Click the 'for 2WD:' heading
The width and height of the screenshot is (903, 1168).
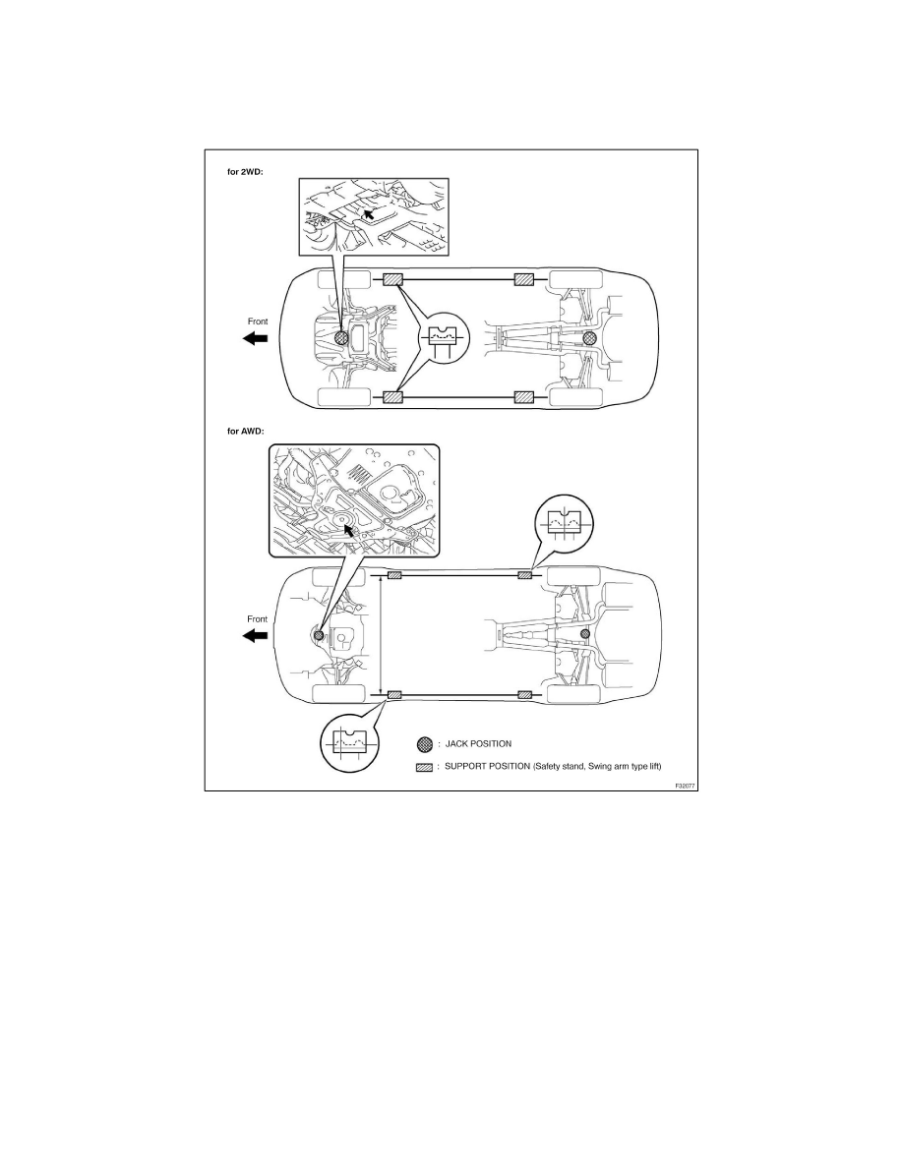click(245, 171)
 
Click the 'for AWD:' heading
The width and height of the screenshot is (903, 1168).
click(246, 431)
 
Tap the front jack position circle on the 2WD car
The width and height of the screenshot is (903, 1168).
click(342, 338)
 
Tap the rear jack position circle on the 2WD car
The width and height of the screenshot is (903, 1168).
click(589, 338)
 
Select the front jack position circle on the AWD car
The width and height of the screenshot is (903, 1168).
click(319, 635)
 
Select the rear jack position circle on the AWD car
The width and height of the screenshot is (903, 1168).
click(585, 634)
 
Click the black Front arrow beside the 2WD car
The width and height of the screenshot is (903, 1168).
click(256, 338)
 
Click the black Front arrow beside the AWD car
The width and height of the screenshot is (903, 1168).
click(256, 635)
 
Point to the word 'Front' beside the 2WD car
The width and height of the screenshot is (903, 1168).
click(258, 321)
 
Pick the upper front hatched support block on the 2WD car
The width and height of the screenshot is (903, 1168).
click(392, 280)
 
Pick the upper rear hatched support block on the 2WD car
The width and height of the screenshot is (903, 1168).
click(524, 280)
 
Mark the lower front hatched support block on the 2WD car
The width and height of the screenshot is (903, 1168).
click(392, 397)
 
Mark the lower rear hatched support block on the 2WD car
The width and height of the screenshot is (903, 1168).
click(524, 397)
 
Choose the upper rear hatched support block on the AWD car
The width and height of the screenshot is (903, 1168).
click(525, 575)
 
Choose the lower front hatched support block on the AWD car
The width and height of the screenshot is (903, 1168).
click(394, 695)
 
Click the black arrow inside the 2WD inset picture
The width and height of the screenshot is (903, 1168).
click(367, 215)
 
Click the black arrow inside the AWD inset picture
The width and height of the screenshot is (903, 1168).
click(348, 531)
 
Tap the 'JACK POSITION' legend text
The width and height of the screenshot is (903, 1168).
click(478, 743)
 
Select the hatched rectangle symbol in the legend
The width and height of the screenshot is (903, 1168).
click(424, 767)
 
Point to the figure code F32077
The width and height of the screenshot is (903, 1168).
click(685, 786)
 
